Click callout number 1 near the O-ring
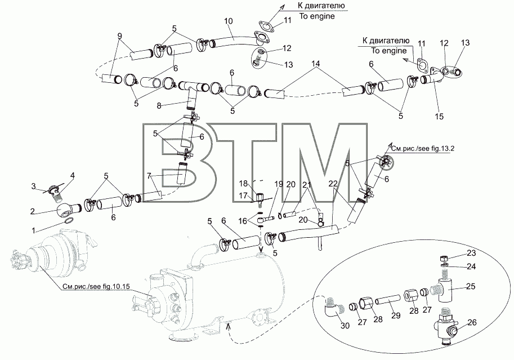(33, 231)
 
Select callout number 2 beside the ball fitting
(32, 211)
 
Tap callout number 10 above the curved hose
(229, 21)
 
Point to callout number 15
(439, 116)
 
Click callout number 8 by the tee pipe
(159, 106)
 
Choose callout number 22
(333, 184)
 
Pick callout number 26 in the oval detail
(471, 322)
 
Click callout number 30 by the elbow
(345, 326)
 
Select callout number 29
(396, 315)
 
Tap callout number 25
(471, 286)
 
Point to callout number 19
(278, 184)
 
